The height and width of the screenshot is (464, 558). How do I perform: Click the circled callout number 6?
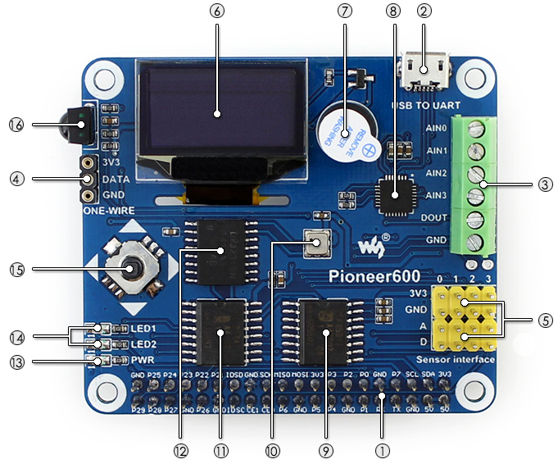(x=216, y=11)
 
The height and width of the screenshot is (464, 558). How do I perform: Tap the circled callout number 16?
(x=17, y=125)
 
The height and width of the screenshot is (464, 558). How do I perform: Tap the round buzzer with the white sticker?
(x=340, y=131)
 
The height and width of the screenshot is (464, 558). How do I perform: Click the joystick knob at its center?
(x=129, y=269)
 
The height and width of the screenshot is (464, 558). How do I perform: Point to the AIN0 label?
(x=435, y=129)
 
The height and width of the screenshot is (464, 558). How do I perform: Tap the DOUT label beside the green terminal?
(x=433, y=218)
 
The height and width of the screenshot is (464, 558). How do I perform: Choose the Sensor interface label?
(x=456, y=360)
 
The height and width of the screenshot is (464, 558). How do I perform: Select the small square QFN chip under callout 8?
(x=394, y=194)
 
